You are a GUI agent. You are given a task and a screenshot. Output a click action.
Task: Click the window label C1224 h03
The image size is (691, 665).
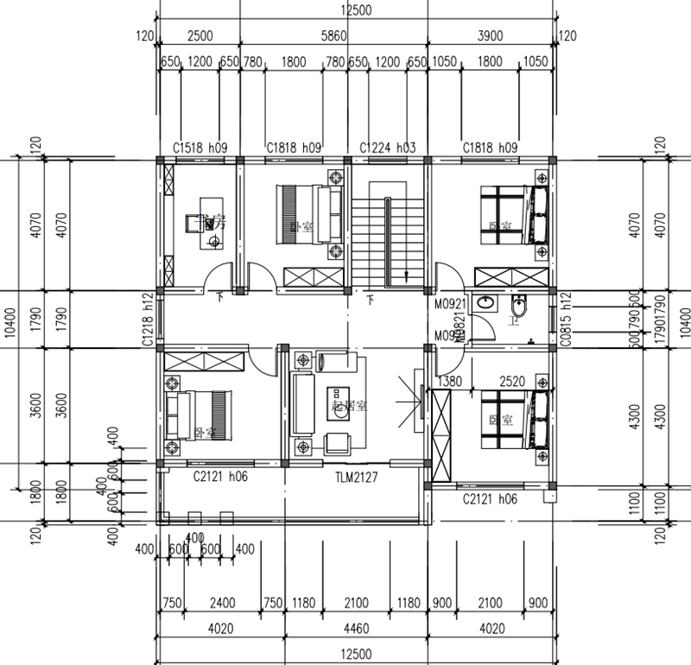[388, 149]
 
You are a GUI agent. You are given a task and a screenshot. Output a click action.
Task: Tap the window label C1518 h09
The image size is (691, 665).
[200, 149]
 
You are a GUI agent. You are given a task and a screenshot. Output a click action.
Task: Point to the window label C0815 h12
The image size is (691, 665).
[566, 320]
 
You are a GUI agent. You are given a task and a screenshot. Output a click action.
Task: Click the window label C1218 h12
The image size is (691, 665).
[148, 320]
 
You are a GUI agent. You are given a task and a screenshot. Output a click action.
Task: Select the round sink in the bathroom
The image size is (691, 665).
[487, 303]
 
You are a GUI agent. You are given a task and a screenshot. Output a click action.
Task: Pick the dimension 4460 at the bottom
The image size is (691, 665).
[355, 630]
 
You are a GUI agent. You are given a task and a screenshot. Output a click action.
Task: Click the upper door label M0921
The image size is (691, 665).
[450, 304]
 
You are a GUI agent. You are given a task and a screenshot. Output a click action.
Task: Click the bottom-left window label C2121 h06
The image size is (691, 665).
[221, 477]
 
